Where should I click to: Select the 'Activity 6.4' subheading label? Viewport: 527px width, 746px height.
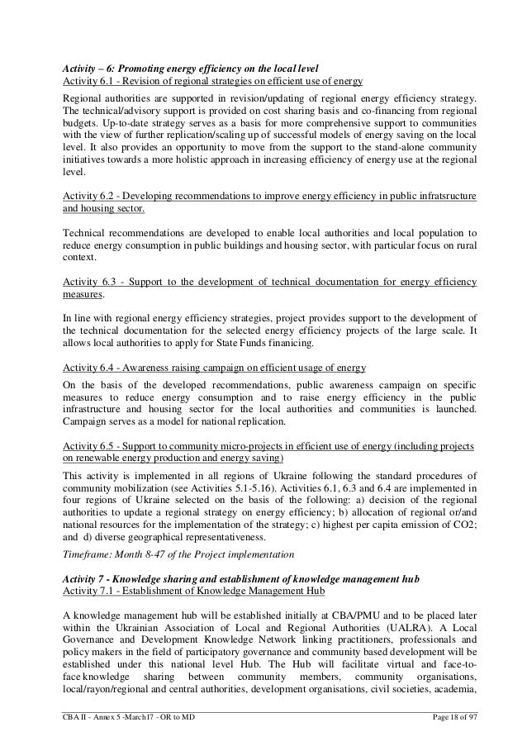90,365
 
